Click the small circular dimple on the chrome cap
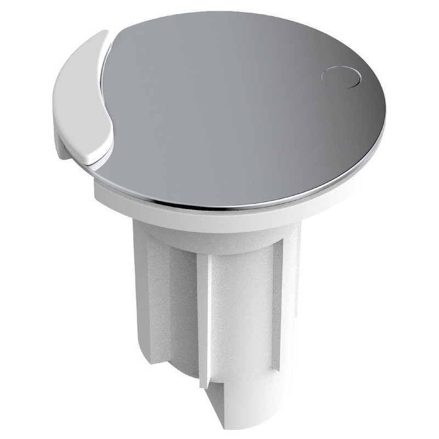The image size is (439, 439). [x=341, y=77]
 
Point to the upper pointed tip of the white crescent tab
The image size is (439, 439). [x=108, y=34]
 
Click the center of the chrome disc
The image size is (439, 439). [x=236, y=104]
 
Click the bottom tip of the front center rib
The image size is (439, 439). [x=205, y=384]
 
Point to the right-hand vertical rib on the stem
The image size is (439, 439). [x=277, y=307]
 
